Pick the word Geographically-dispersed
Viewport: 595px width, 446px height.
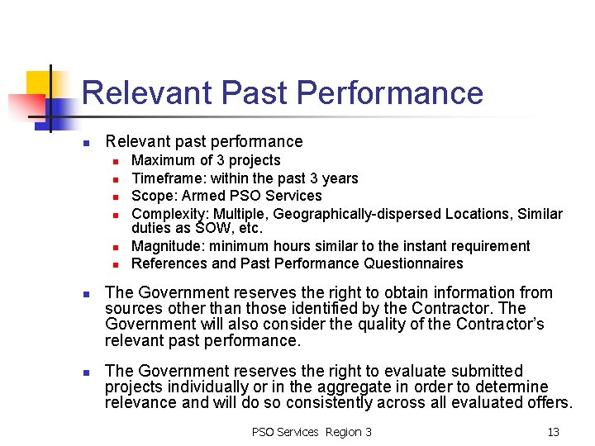(x=357, y=214)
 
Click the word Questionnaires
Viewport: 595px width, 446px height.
(x=413, y=263)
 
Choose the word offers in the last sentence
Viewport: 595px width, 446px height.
(x=546, y=403)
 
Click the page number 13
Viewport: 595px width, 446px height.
(x=553, y=432)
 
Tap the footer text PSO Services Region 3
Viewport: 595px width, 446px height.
(x=312, y=432)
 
